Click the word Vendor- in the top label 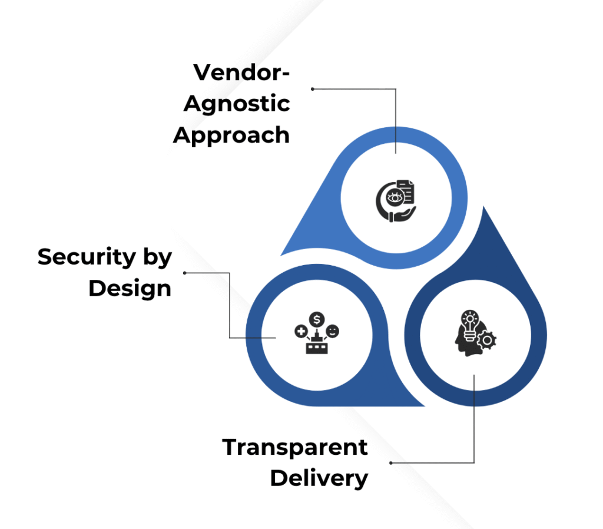pyautogui.click(x=241, y=73)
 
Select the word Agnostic pyautogui.click(x=237, y=104)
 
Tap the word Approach pyautogui.click(x=231, y=135)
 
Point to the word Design pyautogui.click(x=130, y=289)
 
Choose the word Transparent pyautogui.click(x=295, y=448)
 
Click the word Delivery pyautogui.click(x=319, y=478)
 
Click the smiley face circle pyautogui.click(x=333, y=331)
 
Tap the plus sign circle pyautogui.click(x=301, y=332)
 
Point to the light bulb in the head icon pyautogui.click(x=469, y=323)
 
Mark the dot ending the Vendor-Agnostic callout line pyautogui.click(x=313, y=89)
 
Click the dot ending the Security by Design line pyautogui.click(x=185, y=273)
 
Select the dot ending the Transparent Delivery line pyautogui.click(x=391, y=462)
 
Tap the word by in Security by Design pyautogui.click(x=155, y=258)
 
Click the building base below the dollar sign pyautogui.click(x=317, y=347)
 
